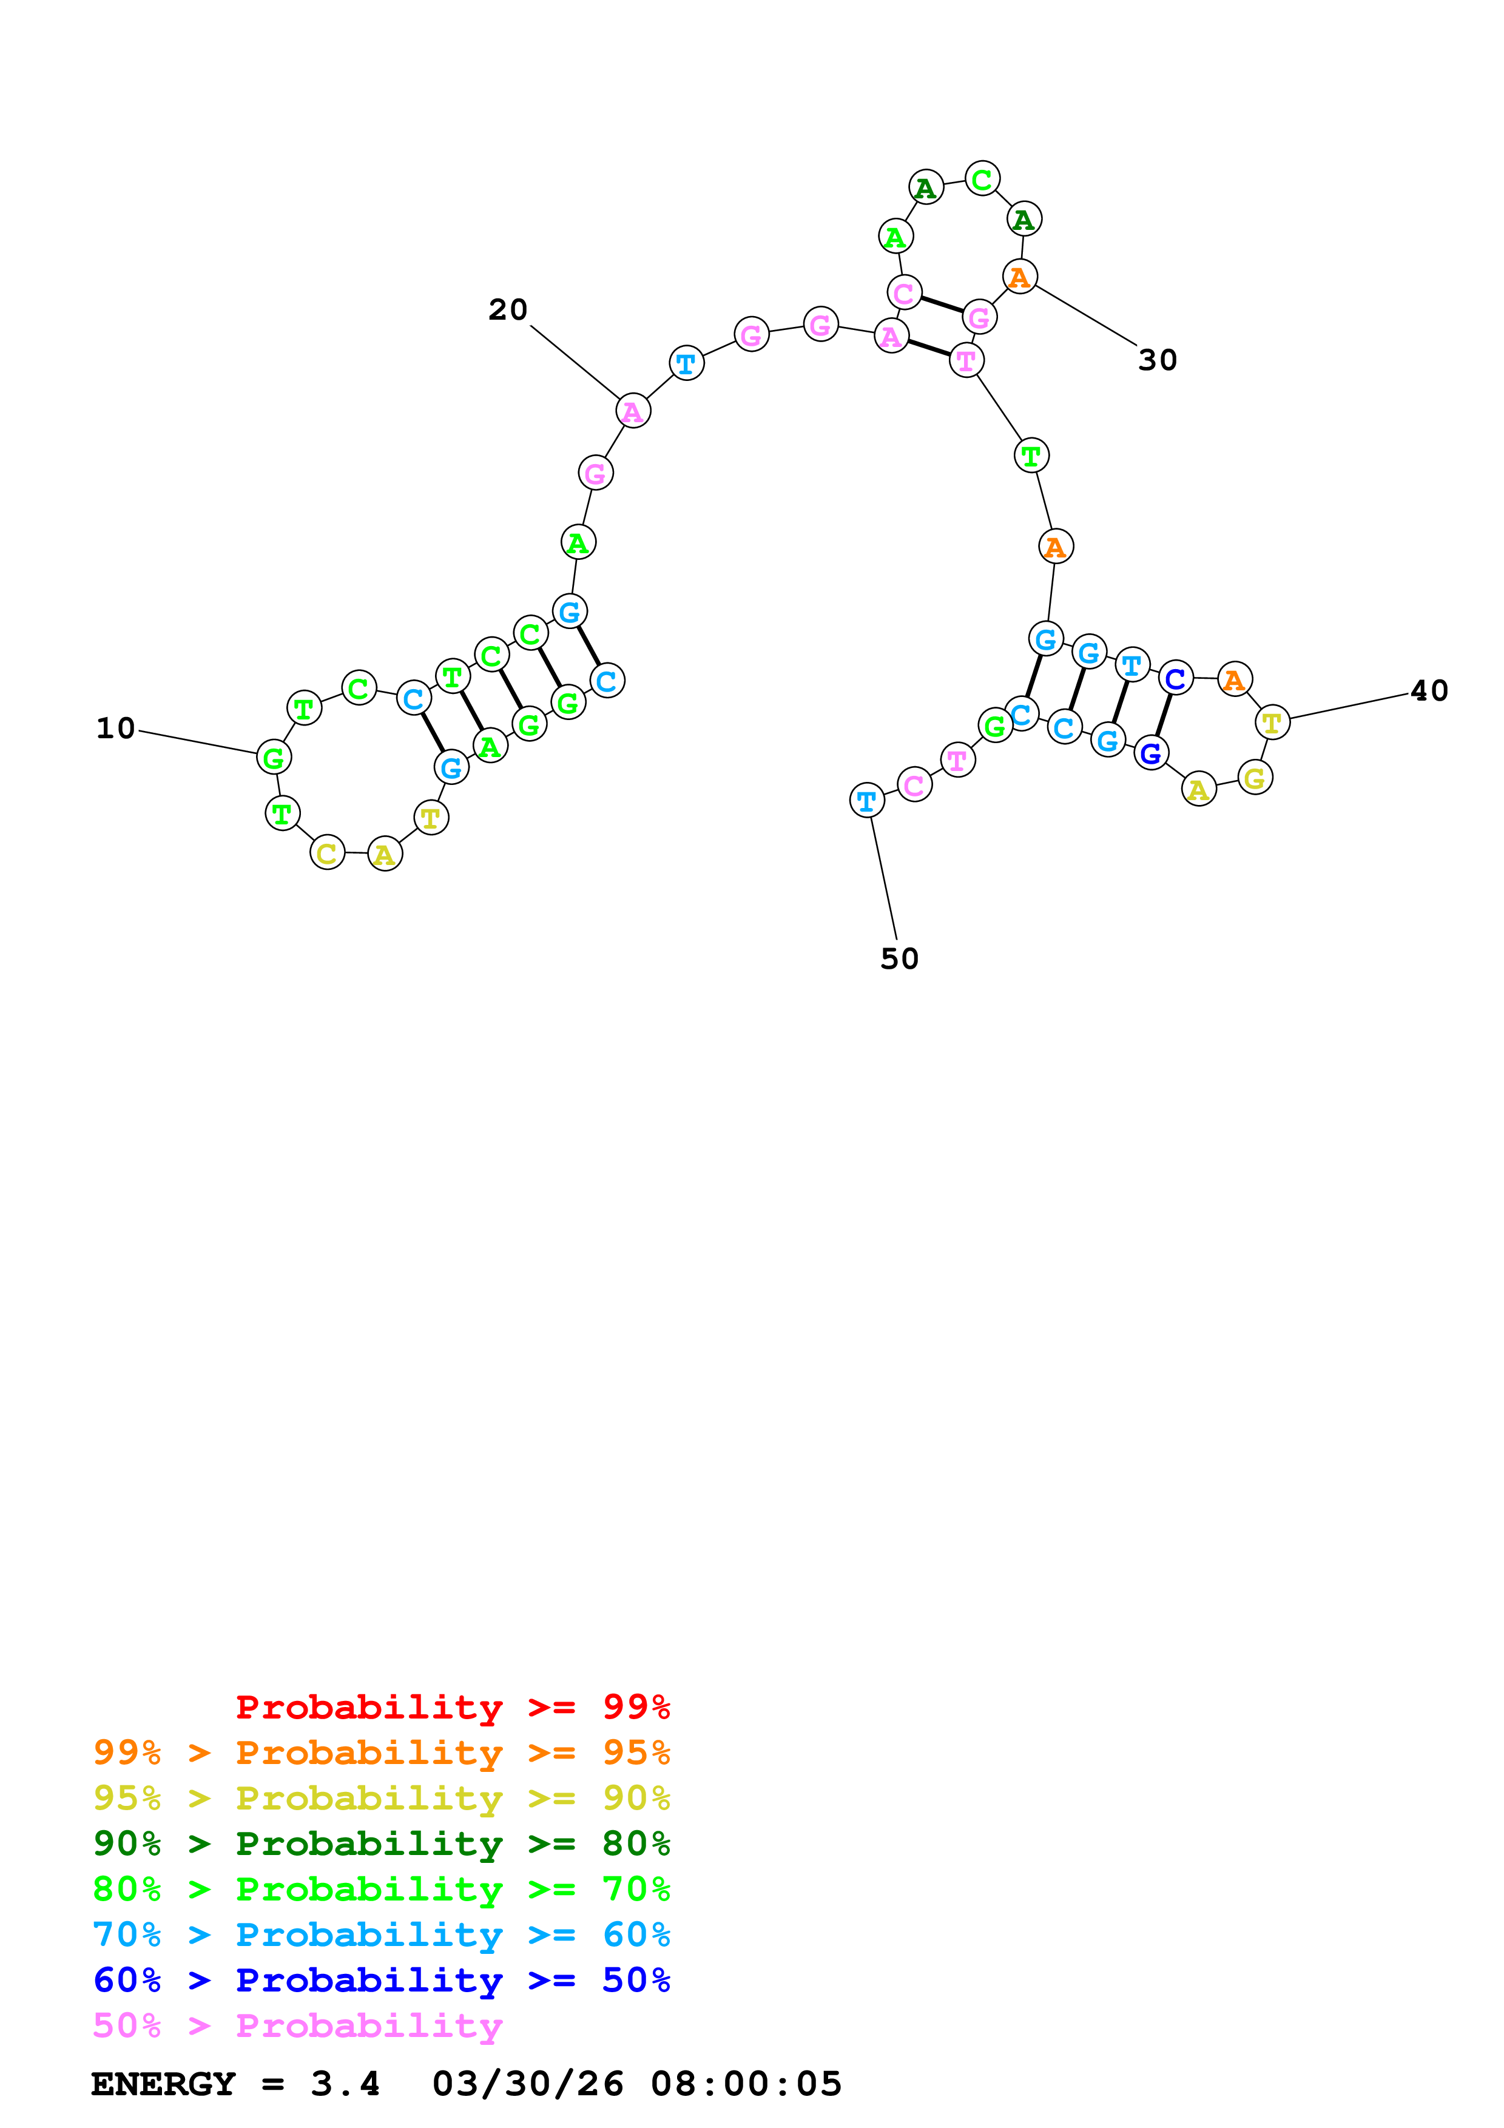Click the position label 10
(116, 729)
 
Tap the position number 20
(508, 309)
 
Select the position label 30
(1158, 360)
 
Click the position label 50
(899, 958)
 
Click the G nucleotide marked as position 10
(274, 757)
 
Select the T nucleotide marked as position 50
(866, 800)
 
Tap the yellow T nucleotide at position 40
(1272, 722)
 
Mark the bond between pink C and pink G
(942, 305)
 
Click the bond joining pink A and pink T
(928, 348)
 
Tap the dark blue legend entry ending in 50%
(381, 1980)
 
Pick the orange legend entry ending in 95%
(381, 1753)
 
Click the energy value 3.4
(345, 2084)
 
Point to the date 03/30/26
(527, 2084)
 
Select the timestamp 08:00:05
(746, 2084)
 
